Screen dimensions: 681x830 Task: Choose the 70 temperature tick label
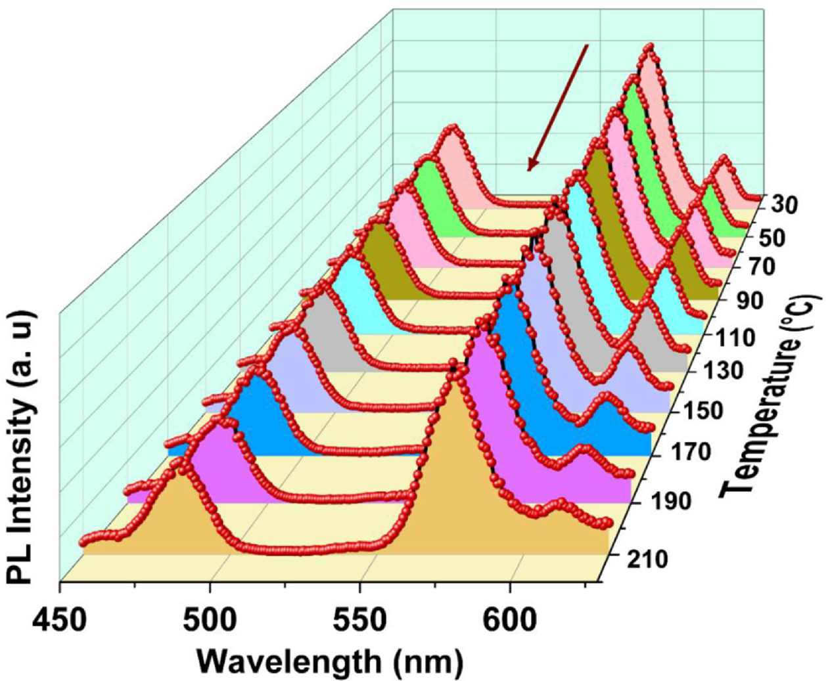point(754,268)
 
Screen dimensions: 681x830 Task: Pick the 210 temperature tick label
point(645,559)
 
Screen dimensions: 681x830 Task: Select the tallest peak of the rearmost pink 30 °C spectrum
point(650,47)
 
